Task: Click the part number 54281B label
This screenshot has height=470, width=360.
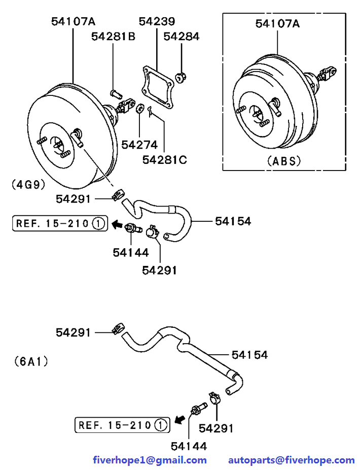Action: pyautogui.click(x=113, y=37)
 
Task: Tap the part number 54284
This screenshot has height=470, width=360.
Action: pyautogui.click(x=182, y=37)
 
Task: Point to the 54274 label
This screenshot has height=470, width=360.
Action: pyautogui.click(x=139, y=145)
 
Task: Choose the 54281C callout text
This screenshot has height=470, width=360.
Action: pyautogui.click(x=164, y=160)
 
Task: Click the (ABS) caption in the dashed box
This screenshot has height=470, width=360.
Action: pyautogui.click(x=284, y=161)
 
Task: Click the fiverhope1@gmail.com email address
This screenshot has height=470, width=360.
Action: pyautogui.click(x=150, y=460)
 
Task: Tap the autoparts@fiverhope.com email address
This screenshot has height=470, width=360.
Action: pyautogui.click(x=292, y=460)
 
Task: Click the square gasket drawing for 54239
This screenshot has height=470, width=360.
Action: pyautogui.click(x=158, y=87)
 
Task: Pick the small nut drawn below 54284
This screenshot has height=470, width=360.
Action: pyautogui.click(x=180, y=78)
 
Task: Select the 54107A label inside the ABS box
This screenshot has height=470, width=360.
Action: pyautogui.click(x=277, y=23)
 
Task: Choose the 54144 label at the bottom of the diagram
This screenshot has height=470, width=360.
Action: pyautogui.click(x=189, y=446)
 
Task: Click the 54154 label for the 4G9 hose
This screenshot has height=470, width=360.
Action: pyautogui.click(x=233, y=221)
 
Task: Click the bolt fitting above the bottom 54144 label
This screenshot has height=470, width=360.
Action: pyautogui.click(x=197, y=408)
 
